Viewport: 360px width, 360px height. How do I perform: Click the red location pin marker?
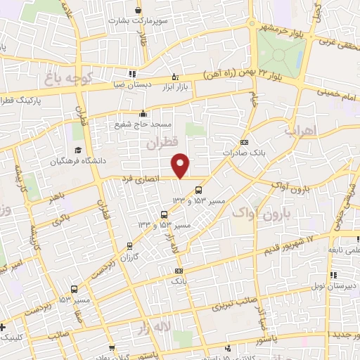[x=181, y=165]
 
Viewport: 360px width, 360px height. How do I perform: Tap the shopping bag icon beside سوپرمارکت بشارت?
[x=138, y=11]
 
